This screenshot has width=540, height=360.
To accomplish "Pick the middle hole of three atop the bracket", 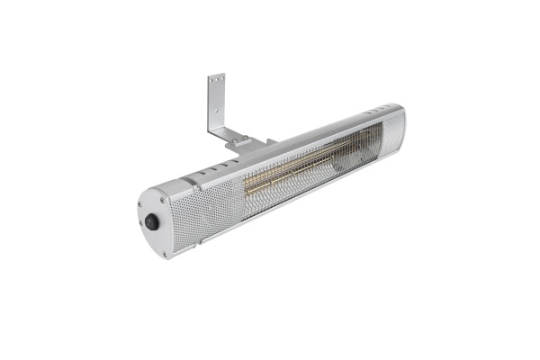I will (216, 83).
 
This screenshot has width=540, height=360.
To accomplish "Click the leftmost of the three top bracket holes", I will (211, 84).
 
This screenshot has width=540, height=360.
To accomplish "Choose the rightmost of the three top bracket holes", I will (221, 82).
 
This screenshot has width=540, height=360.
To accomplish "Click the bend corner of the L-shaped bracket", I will (219, 131).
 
